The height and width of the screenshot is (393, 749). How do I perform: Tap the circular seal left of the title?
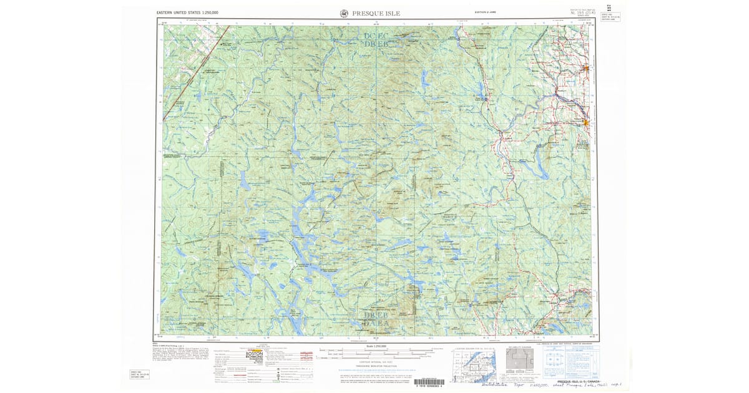point(345,13)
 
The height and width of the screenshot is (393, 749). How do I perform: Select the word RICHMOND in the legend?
point(254,358)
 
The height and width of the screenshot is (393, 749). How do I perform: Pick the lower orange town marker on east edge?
point(585,123)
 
